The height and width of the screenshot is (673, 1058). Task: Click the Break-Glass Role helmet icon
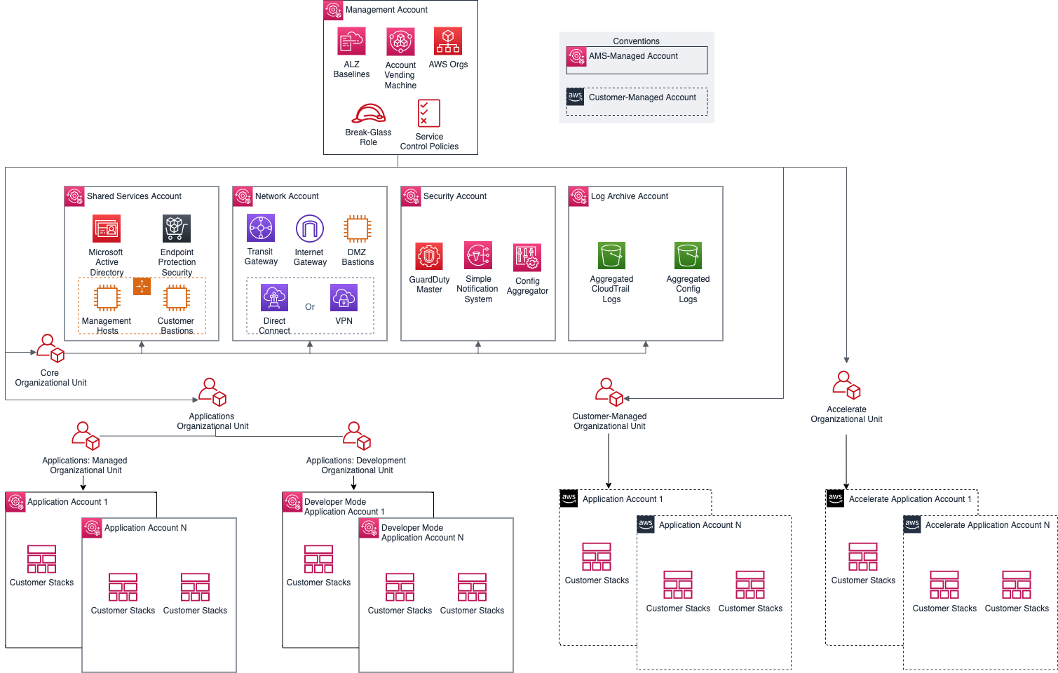[x=369, y=114]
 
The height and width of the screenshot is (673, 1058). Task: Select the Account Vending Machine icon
[x=400, y=42]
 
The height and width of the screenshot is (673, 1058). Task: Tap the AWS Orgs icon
[x=448, y=41]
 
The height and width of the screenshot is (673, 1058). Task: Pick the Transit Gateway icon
[x=261, y=229]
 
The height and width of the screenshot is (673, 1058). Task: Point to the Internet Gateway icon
[x=310, y=229]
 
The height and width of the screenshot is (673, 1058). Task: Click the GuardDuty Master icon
[x=429, y=257]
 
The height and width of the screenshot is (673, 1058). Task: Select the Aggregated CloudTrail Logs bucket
[x=611, y=256]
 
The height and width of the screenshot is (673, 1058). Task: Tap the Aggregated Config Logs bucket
[x=688, y=256]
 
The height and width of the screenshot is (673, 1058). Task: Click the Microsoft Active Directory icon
[x=107, y=229]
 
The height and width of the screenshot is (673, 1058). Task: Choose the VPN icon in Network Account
[x=344, y=298]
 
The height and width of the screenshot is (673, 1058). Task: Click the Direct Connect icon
[x=274, y=298]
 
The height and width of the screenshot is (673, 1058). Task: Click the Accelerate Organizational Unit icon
[x=846, y=385]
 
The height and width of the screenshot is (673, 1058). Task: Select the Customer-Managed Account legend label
[x=642, y=97]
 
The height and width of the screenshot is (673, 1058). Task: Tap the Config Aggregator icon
[x=527, y=257]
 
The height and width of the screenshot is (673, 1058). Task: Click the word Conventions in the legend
[x=636, y=41]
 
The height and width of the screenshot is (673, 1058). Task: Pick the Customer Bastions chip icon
[x=177, y=298]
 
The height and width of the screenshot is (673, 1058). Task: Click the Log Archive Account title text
[x=629, y=196]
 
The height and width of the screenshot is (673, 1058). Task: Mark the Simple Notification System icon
[x=478, y=256]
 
